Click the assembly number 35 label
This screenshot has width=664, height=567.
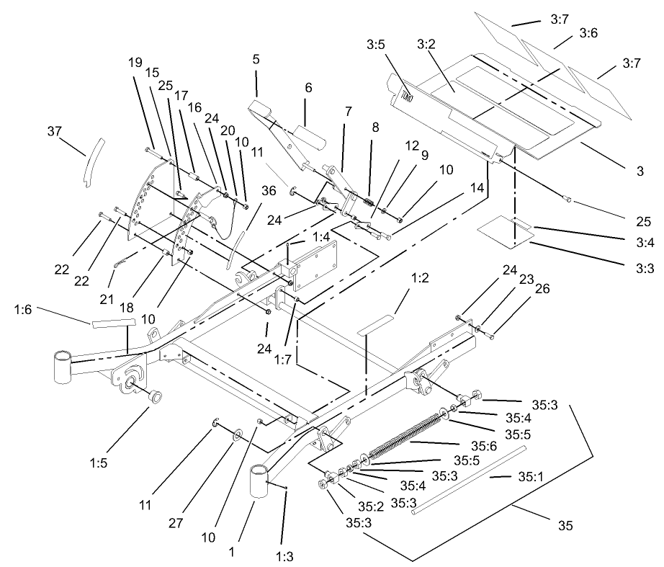[565, 526]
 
